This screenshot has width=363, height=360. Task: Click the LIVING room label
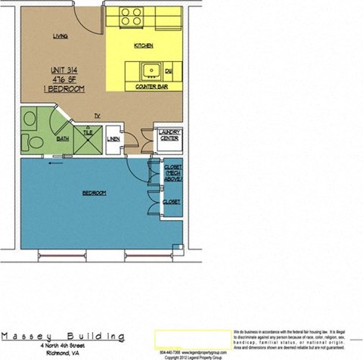point(60,36)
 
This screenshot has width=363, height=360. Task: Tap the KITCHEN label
point(144,45)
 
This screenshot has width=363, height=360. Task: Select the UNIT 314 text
point(67,69)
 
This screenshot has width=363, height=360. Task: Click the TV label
point(97,115)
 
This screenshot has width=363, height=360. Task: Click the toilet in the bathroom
point(30,121)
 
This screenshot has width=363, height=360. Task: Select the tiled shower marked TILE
point(88,135)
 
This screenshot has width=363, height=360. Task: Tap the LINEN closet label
point(113,138)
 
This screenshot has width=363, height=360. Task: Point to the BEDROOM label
point(94,193)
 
